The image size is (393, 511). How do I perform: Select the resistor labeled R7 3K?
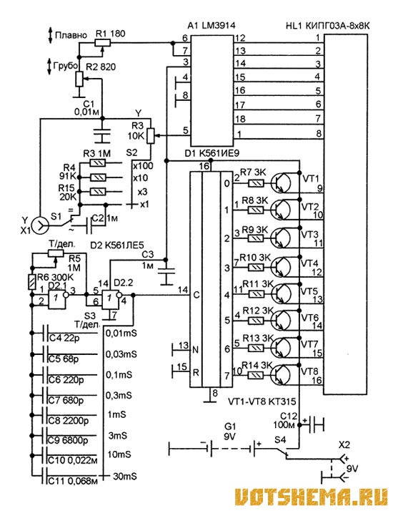pyautogui.click(x=256, y=183)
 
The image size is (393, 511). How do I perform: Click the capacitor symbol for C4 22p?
pyautogui.click(x=46, y=333)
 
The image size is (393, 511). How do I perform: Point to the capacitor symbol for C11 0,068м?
pyautogui.click(x=46, y=477)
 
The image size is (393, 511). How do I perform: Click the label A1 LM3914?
pyautogui.click(x=212, y=26)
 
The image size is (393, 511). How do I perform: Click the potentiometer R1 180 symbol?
pyautogui.click(x=103, y=43)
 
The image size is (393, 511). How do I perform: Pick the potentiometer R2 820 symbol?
pyautogui.click(x=80, y=79)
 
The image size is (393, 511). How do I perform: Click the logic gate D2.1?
pyautogui.click(x=58, y=299)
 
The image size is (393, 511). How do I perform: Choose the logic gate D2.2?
pyautogui.click(x=112, y=299)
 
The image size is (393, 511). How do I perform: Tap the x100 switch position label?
pyautogui.click(x=142, y=165)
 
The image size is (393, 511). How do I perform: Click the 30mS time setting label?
pyautogui.click(x=125, y=476)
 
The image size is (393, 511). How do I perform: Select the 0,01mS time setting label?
pyautogui.click(x=121, y=334)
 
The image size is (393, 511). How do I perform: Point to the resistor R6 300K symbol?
pyautogui.click(x=32, y=282)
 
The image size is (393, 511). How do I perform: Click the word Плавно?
pyautogui.click(x=71, y=35)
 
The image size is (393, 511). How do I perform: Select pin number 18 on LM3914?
pyautogui.click(x=240, y=119)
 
